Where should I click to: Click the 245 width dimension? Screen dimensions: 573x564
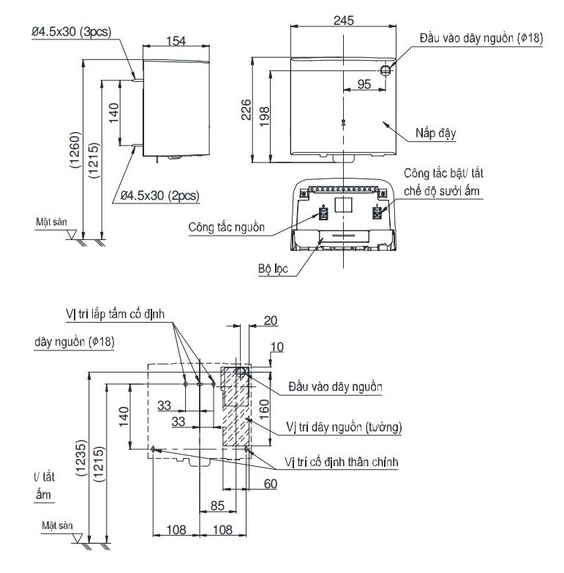click(343, 20)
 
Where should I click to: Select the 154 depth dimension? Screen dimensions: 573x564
click(173, 41)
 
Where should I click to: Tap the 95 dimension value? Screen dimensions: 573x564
click(364, 84)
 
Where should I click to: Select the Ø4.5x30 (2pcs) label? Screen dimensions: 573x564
click(159, 195)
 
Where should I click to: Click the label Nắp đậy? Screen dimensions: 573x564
click(437, 134)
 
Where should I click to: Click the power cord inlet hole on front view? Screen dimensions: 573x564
click(386, 69)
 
